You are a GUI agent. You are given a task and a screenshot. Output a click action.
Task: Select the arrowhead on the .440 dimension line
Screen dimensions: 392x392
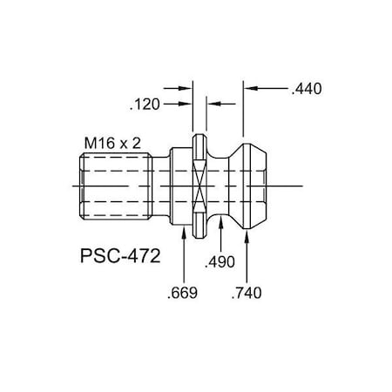249,88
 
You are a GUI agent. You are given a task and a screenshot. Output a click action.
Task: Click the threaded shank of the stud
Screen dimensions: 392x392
117,186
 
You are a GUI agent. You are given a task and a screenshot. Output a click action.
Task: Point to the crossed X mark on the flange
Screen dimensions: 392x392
199,186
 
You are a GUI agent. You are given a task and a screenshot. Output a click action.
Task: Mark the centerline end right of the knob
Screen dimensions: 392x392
301,186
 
